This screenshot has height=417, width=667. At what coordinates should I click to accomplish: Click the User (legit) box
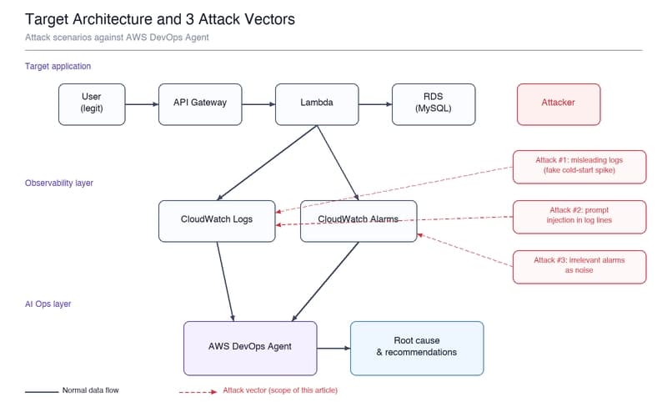pyautogui.click(x=92, y=104)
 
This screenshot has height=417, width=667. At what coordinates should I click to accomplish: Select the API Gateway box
pyautogui.click(x=200, y=104)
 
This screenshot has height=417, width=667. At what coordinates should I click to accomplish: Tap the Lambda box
pyautogui.click(x=317, y=104)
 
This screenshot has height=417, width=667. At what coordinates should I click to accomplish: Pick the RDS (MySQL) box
pyautogui.click(x=434, y=104)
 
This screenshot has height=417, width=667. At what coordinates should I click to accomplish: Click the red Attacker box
pyautogui.click(x=559, y=104)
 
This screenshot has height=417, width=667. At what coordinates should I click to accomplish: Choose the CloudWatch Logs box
pyautogui.click(x=217, y=221)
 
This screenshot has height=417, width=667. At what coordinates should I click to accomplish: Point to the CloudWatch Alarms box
pyautogui.click(x=359, y=221)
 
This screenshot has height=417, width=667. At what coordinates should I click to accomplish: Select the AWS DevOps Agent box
pyautogui.click(x=250, y=349)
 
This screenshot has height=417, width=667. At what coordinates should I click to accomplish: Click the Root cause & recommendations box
pyautogui.click(x=417, y=349)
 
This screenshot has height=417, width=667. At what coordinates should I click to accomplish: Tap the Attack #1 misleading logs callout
pyautogui.click(x=579, y=167)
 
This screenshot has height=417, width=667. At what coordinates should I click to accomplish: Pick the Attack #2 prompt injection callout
pyautogui.click(x=579, y=217)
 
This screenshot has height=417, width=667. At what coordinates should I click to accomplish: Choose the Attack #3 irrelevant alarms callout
pyautogui.click(x=579, y=267)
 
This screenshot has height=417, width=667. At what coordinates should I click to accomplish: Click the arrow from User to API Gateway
pyautogui.click(x=142, y=104)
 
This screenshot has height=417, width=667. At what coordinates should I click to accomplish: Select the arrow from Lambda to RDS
pyautogui.click(x=375, y=104)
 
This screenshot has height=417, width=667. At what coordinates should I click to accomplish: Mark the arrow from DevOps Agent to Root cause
pyautogui.click(x=333, y=348)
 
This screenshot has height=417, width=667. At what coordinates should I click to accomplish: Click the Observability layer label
pyautogui.click(x=59, y=183)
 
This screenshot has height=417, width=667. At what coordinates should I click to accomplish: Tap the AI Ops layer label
pyautogui.click(x=48, y=304)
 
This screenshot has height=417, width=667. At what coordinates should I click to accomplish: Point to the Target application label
pyautogui.click(x=58, y=66)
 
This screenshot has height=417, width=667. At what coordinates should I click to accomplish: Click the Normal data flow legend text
pyautogui.click(x=91, y=390)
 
